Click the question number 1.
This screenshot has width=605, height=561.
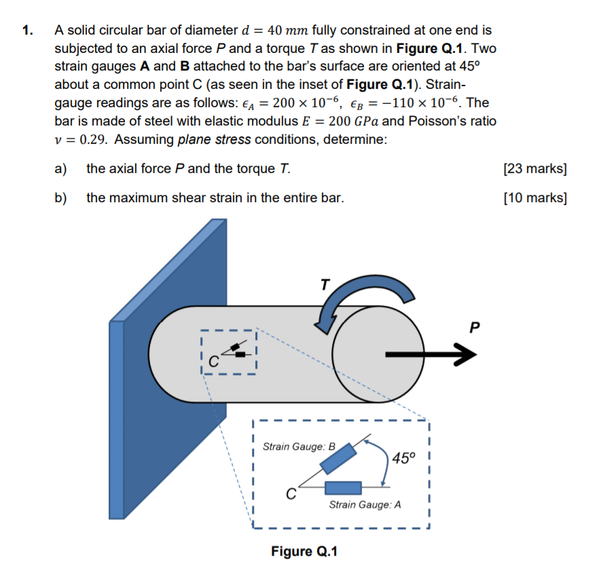click(x=26, y=31)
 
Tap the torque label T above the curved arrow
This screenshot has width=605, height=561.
click(x=325, y=285)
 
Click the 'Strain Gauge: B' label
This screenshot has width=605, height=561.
click(x=299, y=446)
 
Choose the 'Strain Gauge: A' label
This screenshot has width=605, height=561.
click(x=365, y=505)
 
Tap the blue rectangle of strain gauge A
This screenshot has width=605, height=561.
click(x=343, y=487)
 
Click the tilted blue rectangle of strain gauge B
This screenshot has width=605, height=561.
click(x=337, y=459)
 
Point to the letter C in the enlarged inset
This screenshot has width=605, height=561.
click(x=289, y=495)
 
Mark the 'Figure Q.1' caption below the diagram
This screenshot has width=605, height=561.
click(x=304, y=550)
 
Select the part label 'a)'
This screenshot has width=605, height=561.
click(x=60, y=168)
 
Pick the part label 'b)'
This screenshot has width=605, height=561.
click(x=60, y=198)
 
